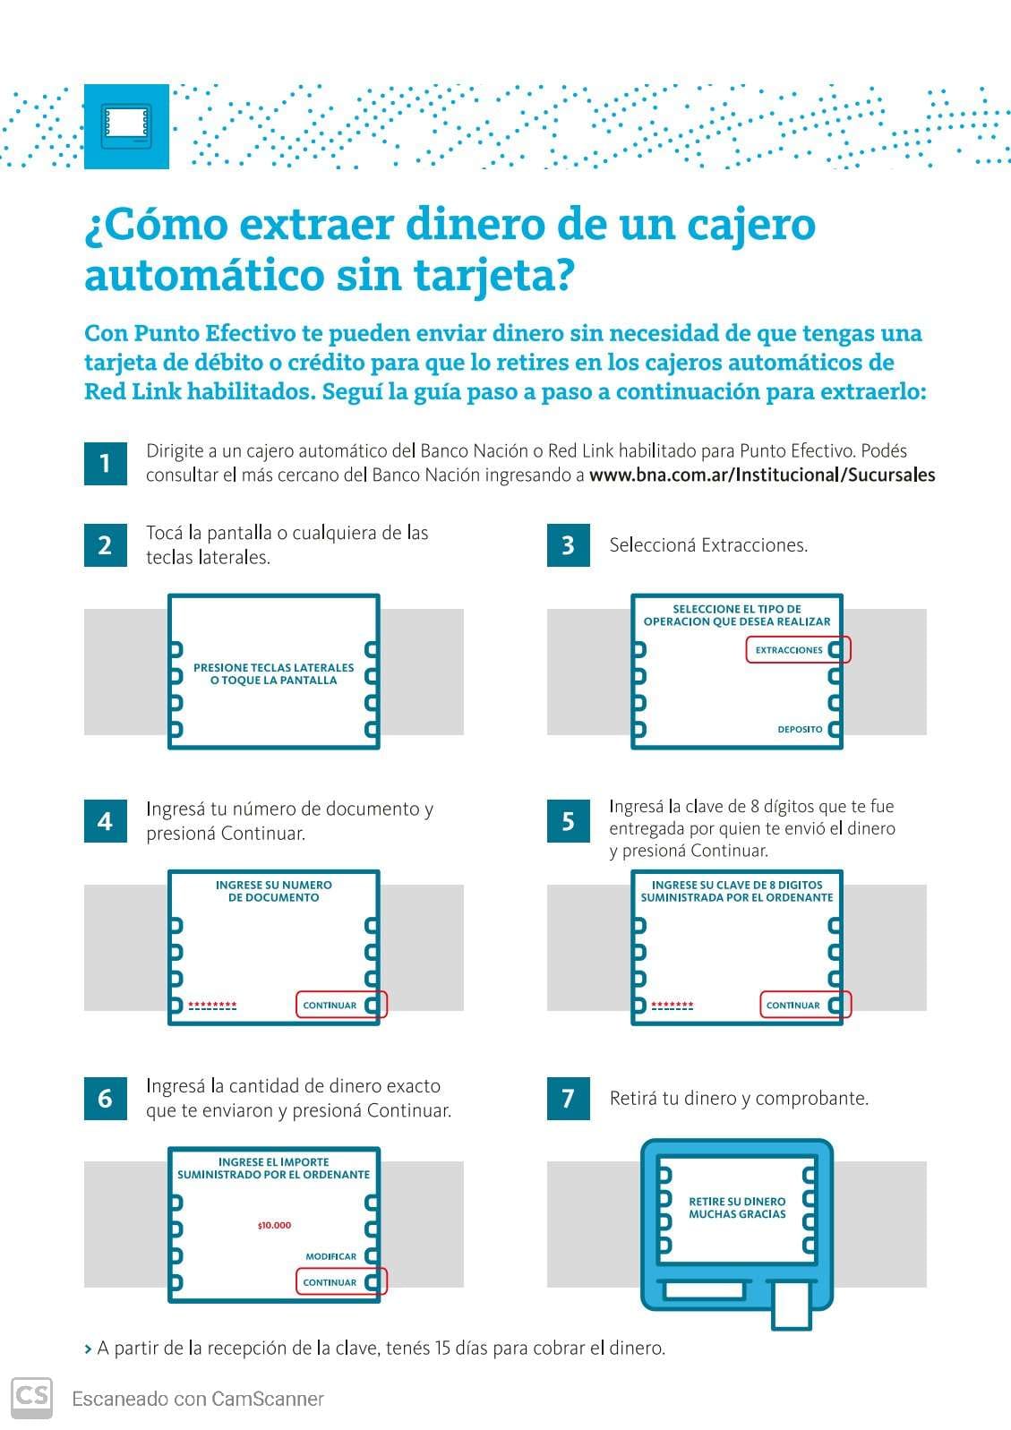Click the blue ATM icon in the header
(126, 126)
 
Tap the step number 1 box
(106, 464)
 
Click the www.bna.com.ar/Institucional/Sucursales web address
(762, 475)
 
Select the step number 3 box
(568, 545)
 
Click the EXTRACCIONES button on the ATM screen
(798, 650)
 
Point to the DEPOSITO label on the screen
(800, 729)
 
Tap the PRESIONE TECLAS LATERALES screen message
(274, 673)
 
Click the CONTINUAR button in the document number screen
(341, 1005)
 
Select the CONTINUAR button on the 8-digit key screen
(805, 1005)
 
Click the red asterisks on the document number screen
(212, 1006)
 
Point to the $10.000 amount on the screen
(274, 1225)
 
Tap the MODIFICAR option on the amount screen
(330, 1256)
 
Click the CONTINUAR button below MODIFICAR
(341, 1282)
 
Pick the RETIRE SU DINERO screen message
(737, 1208)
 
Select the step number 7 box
(568, 1099)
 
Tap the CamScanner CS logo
(32, 1398)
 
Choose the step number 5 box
(568, 821)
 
